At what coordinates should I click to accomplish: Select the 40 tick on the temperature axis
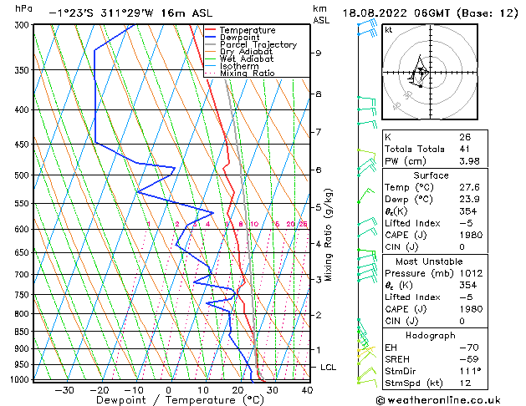click(x=307, y=389)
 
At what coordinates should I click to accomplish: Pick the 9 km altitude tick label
click(x=319, y=53)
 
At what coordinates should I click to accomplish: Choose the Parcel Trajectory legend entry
click(x=258, y=45)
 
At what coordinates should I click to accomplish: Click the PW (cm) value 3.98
click(x=467, y=161)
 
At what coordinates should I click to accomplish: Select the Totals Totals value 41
click(x=464, y=149)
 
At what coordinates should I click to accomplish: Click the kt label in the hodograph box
click(x=389, y=30)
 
